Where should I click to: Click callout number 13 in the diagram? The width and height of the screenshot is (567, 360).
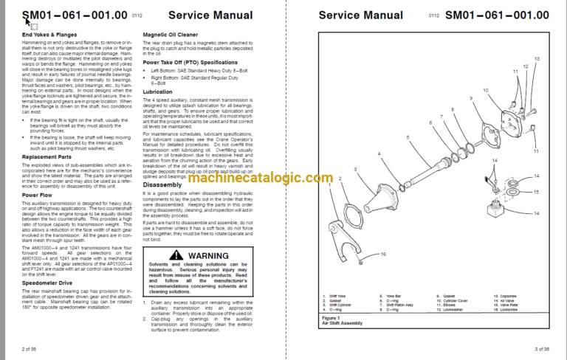[x=537, y=58]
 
